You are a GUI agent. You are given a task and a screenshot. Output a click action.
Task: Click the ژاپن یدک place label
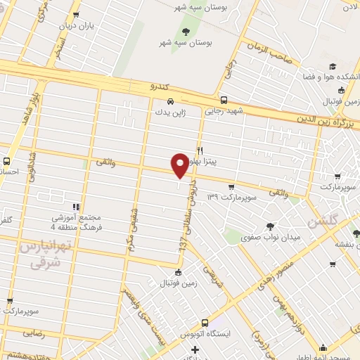162,112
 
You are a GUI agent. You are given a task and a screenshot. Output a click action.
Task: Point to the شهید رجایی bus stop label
224,110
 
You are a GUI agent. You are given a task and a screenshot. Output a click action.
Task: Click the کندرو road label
161,86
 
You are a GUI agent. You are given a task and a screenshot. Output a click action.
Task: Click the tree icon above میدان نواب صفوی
271,226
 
